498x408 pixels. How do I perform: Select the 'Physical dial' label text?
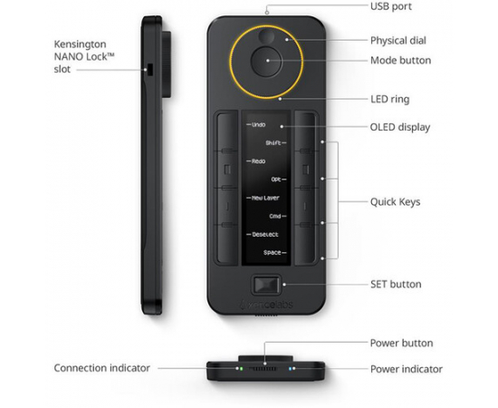(x=397, y=41)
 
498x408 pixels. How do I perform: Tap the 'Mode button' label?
(x=400, y=61)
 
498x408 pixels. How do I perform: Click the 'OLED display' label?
(x=399, y=126)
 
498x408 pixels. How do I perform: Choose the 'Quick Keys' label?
(x=395, y=201)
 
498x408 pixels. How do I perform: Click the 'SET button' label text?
(x=396, y=284)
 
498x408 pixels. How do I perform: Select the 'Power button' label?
(x=401, y=343)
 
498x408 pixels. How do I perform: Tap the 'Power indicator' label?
(x=407, y=369)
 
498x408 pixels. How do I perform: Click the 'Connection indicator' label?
(x=101, y=368)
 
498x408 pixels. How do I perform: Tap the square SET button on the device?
(x=267, y=283)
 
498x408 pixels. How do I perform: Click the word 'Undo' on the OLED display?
(x=258, y=124)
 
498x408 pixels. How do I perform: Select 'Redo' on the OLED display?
(x=258, y=160)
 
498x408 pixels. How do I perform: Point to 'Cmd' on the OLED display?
(x=276, y=215)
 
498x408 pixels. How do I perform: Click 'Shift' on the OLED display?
(x=273, y=142)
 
